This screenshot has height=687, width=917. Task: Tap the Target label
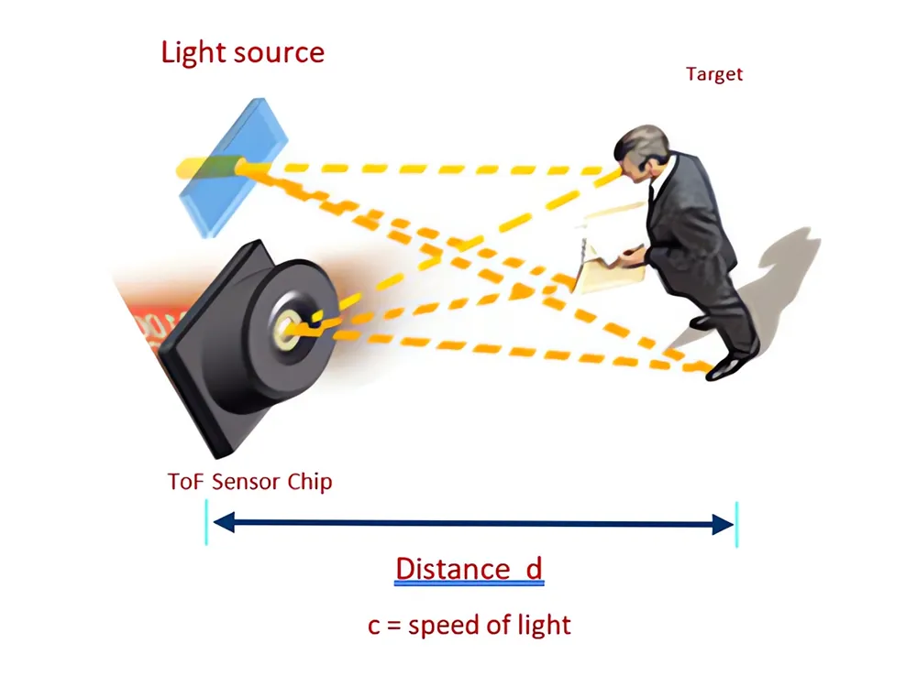pos(714,75)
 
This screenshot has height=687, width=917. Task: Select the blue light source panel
pos(233,168)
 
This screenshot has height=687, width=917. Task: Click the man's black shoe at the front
pos(726,367)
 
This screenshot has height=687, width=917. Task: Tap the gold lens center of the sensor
pos(286,328)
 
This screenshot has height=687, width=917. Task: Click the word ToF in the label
pos(186,482)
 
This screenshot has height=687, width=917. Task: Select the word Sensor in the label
pos(246,482)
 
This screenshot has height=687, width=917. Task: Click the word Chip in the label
pos(310,483)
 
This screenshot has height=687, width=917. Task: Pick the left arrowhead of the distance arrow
pos(224,522)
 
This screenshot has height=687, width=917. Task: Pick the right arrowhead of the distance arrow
pos(723,524)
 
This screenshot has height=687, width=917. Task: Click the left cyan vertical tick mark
pos(206,522)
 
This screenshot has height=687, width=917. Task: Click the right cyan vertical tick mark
pos(737,524)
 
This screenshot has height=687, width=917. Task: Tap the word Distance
pos(453,569)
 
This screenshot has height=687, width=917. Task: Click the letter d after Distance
pos(535,568)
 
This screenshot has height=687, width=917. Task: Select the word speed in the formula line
pos(445,626)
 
